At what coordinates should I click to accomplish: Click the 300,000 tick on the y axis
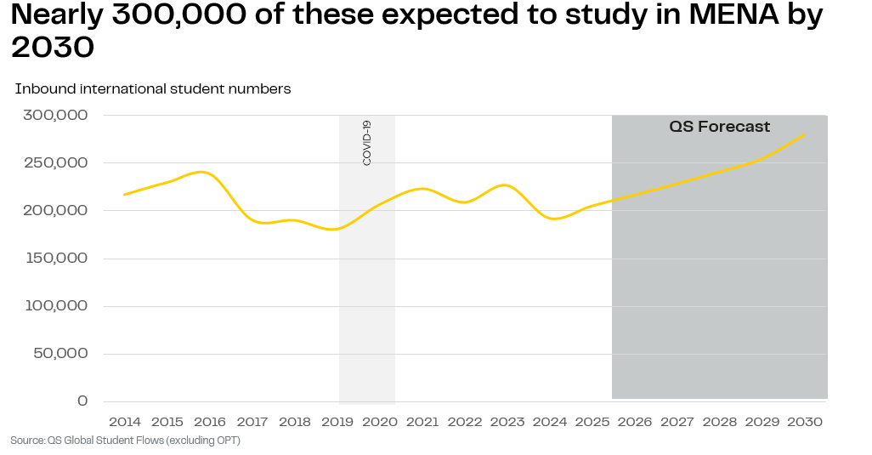pos(55,115)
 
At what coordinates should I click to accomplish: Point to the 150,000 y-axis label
pos(56,258)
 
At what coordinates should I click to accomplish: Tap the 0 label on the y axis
pos(82,401)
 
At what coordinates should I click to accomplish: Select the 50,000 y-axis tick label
pos(60,353)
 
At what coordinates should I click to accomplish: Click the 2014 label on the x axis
pos(125,422)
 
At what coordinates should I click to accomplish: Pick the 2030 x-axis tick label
pos(805,422)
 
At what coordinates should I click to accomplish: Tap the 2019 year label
pos(337,422)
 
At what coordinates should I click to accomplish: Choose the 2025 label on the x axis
pos(592,422)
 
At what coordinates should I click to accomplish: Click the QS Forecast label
pos(720,127)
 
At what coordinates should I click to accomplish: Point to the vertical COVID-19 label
pos(366,143)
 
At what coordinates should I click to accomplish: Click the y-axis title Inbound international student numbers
pos(153,89)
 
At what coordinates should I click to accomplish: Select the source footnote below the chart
pos(125,441)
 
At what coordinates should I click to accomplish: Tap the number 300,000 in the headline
pos(179,15)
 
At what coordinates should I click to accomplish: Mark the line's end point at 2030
pos(805,134)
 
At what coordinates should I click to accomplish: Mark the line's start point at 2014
pos(124,195)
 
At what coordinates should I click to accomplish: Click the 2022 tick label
pos(465,422)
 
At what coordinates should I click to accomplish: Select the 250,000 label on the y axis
pos(56,163)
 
